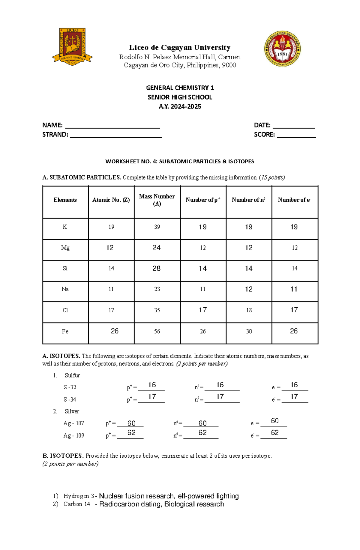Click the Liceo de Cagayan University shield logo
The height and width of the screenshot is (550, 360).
(x=72, y=46)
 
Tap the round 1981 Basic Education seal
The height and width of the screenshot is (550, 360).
(x=282, y=49)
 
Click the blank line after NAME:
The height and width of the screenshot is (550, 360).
(x=112, y=126)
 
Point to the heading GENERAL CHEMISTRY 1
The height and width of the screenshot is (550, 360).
(x=180, y=88)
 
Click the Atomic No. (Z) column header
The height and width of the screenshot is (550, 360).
(x=111, y=200)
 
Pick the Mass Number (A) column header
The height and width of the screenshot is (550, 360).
(x=157, y=200)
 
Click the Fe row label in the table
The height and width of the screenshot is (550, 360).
(x=65, y=331)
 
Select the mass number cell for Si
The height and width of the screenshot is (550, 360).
(x=157, y=269)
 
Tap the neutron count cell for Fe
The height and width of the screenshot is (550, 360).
(x=249, y=331)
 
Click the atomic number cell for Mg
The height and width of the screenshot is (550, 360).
(x=110, y=248)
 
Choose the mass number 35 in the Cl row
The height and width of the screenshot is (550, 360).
(x=157, y=311)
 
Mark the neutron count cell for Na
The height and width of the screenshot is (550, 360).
(x=249, y=289)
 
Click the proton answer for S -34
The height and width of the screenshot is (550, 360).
(x=152, y=397)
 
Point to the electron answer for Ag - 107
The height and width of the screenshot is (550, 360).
(x=274, y=421)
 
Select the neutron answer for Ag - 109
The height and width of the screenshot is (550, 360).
(x=202, y=433)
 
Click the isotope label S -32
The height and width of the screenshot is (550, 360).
(x=70, y=387)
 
